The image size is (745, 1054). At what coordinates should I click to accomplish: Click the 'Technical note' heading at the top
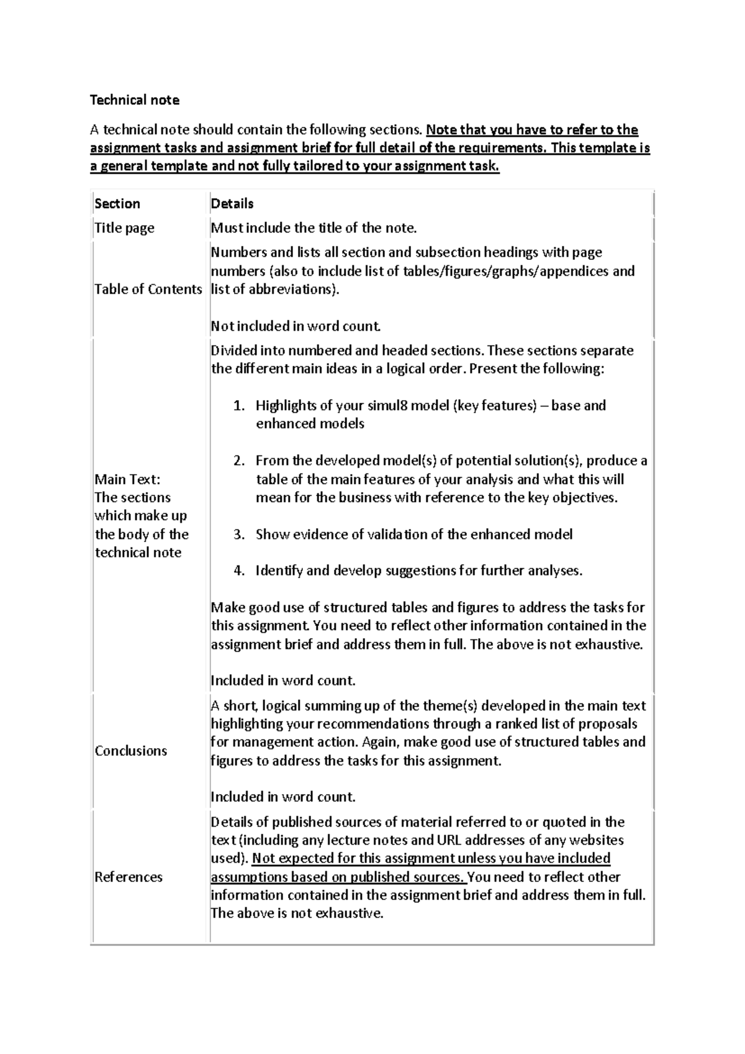click(135, 100)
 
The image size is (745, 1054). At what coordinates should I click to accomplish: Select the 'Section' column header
click(117, 204)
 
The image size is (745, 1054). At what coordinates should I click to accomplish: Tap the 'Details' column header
click(232, 204)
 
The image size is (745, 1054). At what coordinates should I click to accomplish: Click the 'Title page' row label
click(124, 228)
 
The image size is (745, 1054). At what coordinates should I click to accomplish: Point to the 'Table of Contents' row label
click(148, 289)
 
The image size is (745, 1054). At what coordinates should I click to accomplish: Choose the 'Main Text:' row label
click(127, 479)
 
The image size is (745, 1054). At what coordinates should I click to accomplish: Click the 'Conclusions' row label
click(131, 751)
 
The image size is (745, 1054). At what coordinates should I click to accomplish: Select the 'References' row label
click(129, 877)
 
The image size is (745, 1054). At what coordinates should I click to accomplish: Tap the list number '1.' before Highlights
click(239, 406)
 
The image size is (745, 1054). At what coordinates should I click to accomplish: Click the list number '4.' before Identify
click(239, 571)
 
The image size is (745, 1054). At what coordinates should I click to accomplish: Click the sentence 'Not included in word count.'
click(296, 326)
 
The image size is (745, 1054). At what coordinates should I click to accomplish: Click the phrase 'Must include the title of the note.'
click(314, 228)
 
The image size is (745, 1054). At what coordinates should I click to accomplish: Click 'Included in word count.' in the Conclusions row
click(283, 797)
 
